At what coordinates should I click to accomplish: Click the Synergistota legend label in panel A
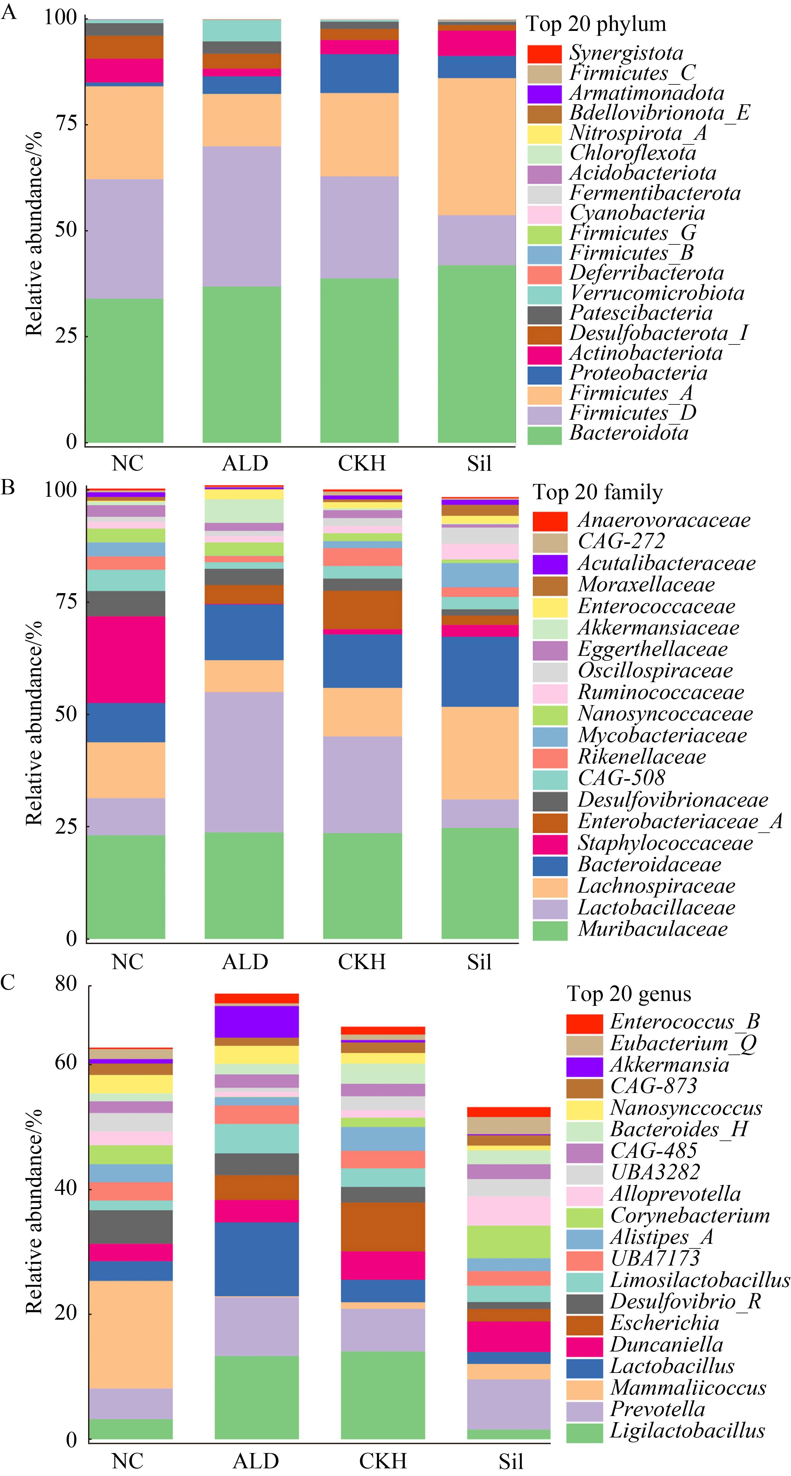[x=626, y=53]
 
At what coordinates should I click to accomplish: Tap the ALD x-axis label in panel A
[x=245, y=463]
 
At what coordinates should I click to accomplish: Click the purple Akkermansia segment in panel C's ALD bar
[x=257, y=1022]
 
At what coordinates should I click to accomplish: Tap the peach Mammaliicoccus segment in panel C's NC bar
[x=131, y=1334]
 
